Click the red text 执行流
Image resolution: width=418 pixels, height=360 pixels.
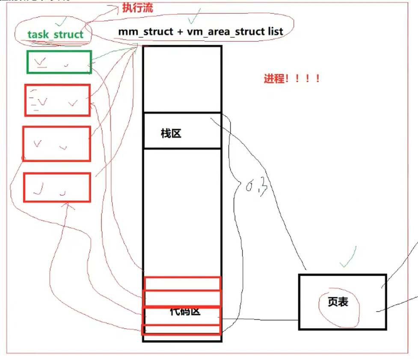137,8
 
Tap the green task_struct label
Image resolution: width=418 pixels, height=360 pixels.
55,34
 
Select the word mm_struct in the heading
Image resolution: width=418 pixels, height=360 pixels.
145,31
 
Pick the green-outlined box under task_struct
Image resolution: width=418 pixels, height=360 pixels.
59,62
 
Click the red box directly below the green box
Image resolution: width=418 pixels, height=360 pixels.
57,100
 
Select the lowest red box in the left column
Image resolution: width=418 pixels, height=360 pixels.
57,187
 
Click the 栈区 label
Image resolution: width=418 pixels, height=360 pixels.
171,133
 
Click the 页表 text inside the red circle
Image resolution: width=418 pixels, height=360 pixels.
338,302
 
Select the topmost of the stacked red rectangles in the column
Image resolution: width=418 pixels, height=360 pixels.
182,283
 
